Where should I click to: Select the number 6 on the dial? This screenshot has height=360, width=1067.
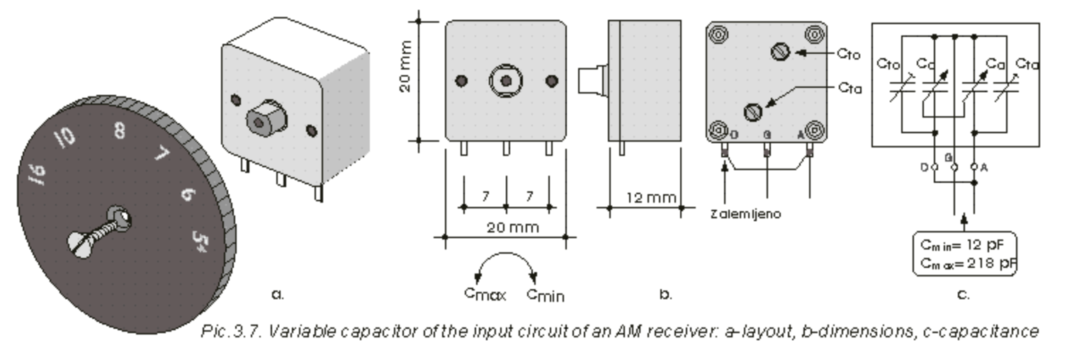click(186, 192)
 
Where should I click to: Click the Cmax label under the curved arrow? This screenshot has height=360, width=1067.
click(485, 293)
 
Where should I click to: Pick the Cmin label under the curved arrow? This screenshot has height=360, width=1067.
click(545, 294)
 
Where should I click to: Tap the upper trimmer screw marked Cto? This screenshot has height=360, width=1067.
click(777, 52)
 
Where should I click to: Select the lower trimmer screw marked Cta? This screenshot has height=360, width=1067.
click(752, 112)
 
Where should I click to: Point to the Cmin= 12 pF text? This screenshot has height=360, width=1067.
click(963, 245)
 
